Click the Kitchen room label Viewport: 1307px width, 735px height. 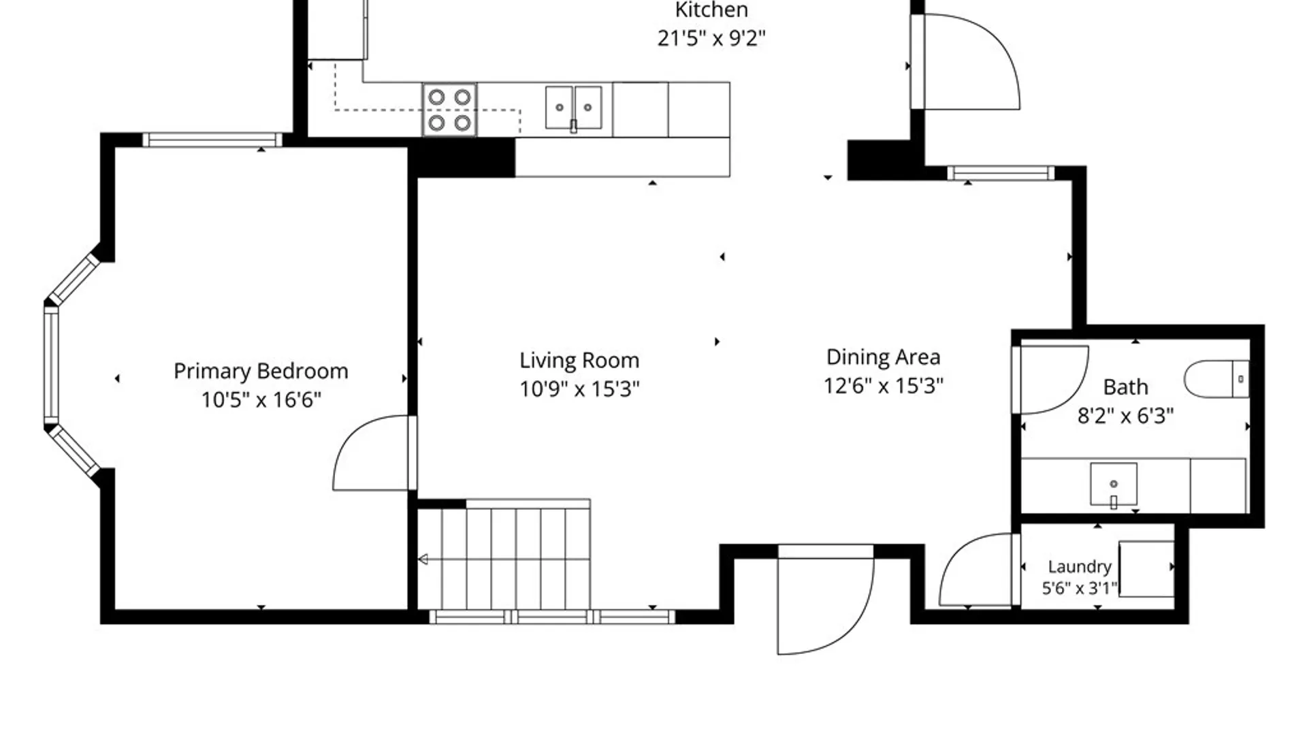tap(711, 10)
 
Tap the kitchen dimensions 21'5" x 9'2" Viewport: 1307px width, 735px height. tap(711, 38)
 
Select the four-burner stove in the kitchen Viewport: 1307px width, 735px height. tap(449, 110)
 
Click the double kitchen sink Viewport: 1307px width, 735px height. tap(573, 108)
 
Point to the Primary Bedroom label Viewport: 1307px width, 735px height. tap(261, 371)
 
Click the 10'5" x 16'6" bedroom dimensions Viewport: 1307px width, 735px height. tap(261, 399)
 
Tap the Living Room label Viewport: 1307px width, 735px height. tap(579, 360)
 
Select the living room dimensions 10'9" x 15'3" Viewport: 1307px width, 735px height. tap(579, 389)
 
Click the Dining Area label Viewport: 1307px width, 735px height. tap(884, 357)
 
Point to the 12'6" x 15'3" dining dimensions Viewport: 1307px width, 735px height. tap(884, 386)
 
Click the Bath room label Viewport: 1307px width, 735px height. tap(1125, 387)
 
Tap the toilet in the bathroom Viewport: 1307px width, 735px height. tap(1217, 379)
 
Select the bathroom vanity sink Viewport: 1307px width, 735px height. tap(1114, 485)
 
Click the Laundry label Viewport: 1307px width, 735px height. tap(1080, 566)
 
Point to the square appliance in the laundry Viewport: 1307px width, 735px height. tap(1146, 569)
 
